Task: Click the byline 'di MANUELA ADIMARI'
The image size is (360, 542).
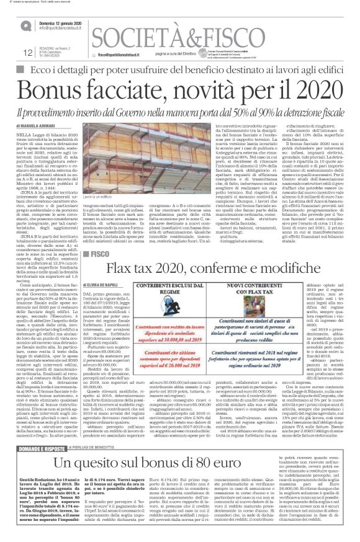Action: tap(44, 125)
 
